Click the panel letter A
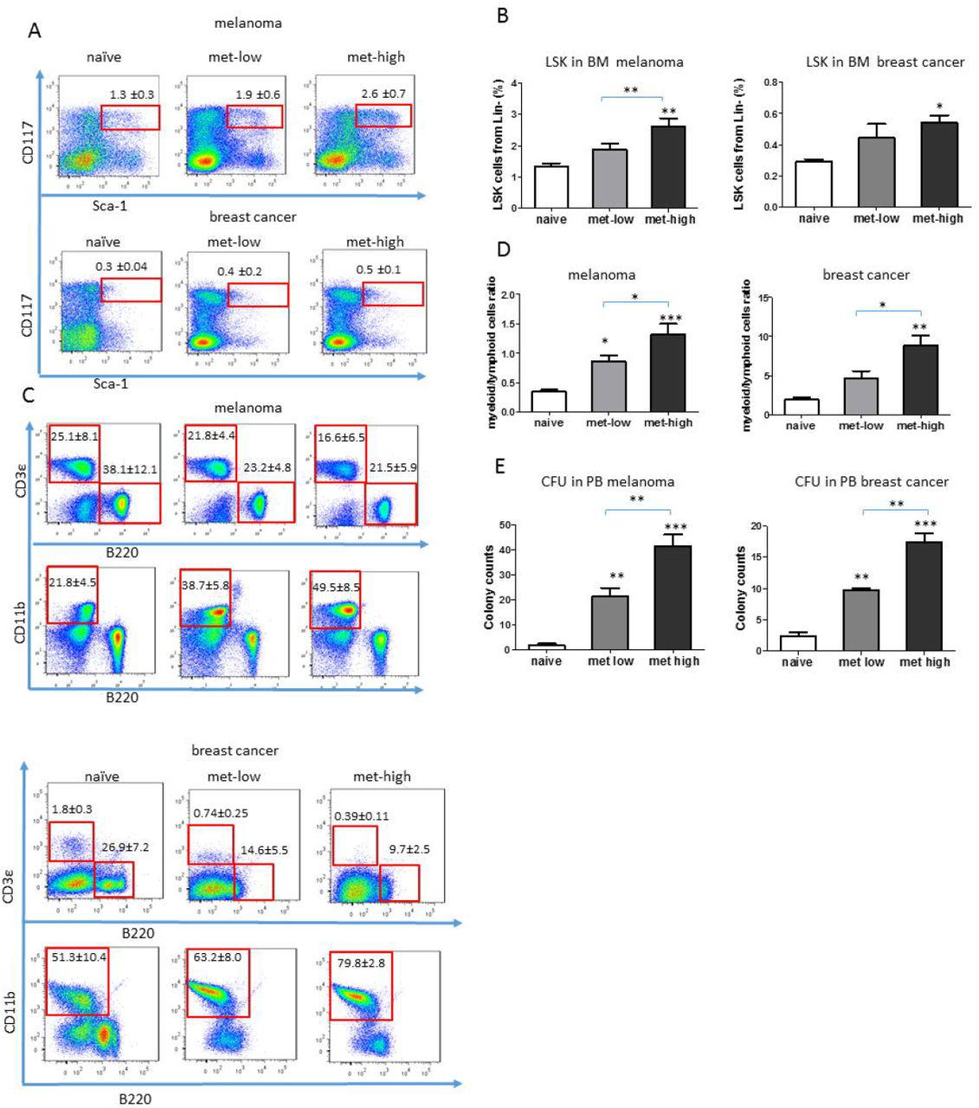tap(35, 30)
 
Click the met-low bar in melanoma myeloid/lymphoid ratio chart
tap(609, 386)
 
